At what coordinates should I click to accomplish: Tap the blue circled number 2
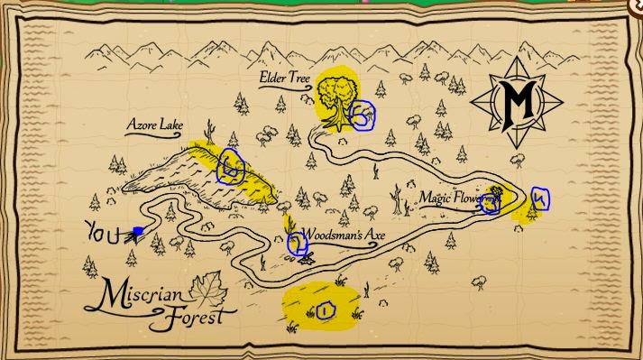click(297, 242)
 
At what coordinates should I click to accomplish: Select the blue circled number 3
click(490, 204)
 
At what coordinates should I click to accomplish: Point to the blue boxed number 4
click(539, 198)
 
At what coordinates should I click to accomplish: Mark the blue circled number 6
click(232, 167)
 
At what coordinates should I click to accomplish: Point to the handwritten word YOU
click(103, 233)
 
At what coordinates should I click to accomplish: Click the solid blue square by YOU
click(136, 232)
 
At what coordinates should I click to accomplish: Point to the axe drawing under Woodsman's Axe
click(308, 260)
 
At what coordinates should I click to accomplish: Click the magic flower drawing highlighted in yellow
click(495, 191)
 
